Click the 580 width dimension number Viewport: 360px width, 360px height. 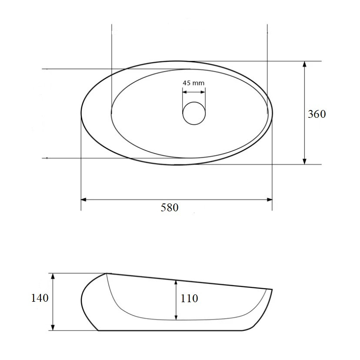click(x=170, y=207)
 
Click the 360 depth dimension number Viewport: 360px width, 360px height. click(x=317, y=114)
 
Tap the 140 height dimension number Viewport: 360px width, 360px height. click(x=40, y=298)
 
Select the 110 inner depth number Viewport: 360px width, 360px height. click(x=189, y=298)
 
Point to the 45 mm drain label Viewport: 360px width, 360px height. click(x=193, y=83)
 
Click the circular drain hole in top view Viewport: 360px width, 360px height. click(x=194, y=113)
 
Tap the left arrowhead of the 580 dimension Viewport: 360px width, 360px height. click(x=83, y=200)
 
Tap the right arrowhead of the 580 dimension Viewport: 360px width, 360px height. click(x=270, y=200)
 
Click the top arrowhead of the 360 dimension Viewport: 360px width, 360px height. click(x=304, y=64)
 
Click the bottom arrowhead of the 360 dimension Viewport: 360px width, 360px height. click(x=304, y=162)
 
